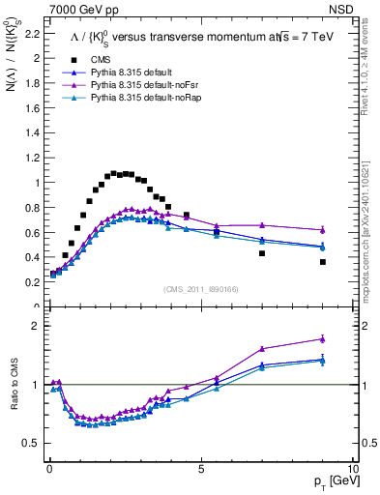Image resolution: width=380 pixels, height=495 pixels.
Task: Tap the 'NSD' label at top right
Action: tap(341, 8)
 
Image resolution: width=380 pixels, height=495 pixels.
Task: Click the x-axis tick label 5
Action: tap(200, 469)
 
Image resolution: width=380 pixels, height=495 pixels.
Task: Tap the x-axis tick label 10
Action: tap(354, 469)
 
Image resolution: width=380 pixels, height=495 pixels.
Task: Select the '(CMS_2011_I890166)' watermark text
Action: tap(200, 289)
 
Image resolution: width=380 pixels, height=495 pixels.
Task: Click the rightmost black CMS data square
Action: tap(323, 262)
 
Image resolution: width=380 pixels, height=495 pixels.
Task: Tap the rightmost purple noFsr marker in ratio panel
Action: tap(323, 338)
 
